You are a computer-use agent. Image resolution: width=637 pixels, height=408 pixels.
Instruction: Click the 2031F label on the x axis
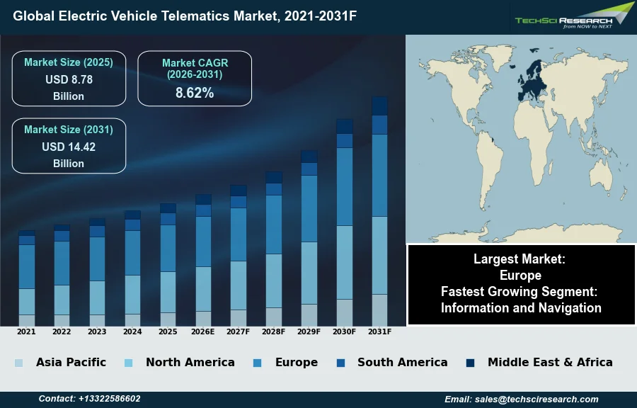coord(379,331)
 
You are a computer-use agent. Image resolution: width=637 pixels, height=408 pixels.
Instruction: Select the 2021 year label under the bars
coord(26,331)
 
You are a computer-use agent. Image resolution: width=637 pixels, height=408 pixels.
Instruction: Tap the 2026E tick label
coord(203,331)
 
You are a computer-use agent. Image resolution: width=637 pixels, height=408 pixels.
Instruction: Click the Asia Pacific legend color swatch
coord(18,363)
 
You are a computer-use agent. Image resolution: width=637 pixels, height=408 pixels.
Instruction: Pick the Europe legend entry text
coord(296,363)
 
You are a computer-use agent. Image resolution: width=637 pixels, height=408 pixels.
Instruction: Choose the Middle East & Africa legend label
coord(550,363)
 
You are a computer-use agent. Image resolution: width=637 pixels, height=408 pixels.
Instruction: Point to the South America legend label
coord(402,363)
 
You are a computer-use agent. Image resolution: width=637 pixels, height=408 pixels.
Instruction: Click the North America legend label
coord(190,363)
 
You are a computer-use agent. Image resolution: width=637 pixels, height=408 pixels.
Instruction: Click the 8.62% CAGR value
coord(195,93)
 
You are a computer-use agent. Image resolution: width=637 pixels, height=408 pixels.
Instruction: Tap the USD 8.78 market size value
coord(69,80)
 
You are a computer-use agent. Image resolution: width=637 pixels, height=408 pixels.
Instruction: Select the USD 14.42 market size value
coord(69,147)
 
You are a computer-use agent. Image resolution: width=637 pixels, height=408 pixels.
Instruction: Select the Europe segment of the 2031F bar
coord(379,175)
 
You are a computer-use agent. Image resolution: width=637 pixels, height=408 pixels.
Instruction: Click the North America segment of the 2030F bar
coord(345,262)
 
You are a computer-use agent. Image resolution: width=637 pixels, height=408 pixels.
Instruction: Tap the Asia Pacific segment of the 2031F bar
coord(379,310)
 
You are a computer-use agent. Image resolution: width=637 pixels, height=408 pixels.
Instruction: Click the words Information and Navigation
coord(521,308)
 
